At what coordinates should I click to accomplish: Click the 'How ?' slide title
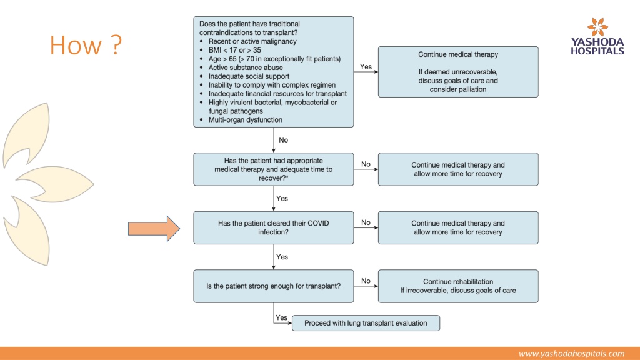[x=86, y=45]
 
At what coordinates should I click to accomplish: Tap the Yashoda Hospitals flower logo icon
[x=597, y=27]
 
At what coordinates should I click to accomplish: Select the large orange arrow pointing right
[x=154, y=229]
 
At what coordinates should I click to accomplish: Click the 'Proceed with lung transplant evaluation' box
[x=366, y=323]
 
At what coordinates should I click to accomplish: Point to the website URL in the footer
[x=571, y=354]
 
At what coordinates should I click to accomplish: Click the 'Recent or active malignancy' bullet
[x=252, y=41]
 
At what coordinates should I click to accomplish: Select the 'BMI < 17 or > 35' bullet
[x=234, y=50]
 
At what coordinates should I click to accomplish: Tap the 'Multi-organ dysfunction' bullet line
[x=245, y=120]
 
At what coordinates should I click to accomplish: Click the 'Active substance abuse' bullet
[x=245, y=67]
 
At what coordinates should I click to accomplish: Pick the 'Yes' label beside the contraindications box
[x=366, y=66]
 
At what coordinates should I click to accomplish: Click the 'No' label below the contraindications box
[x=283, y=140]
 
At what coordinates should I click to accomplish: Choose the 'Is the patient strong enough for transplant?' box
[x=274, y=286]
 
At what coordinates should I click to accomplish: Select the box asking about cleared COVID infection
[x=274, y=227]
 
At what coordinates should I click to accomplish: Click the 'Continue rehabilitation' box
[x=458, y=286]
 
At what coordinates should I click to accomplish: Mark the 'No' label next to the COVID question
[x=366, y=222]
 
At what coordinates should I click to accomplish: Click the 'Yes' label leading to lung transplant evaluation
[x=282, y=317]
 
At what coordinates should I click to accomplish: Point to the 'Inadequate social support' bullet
[x=249, y=76]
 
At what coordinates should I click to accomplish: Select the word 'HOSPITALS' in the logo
[x=597, y=51]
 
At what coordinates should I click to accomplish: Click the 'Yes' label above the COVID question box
[x=282, y=198]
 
